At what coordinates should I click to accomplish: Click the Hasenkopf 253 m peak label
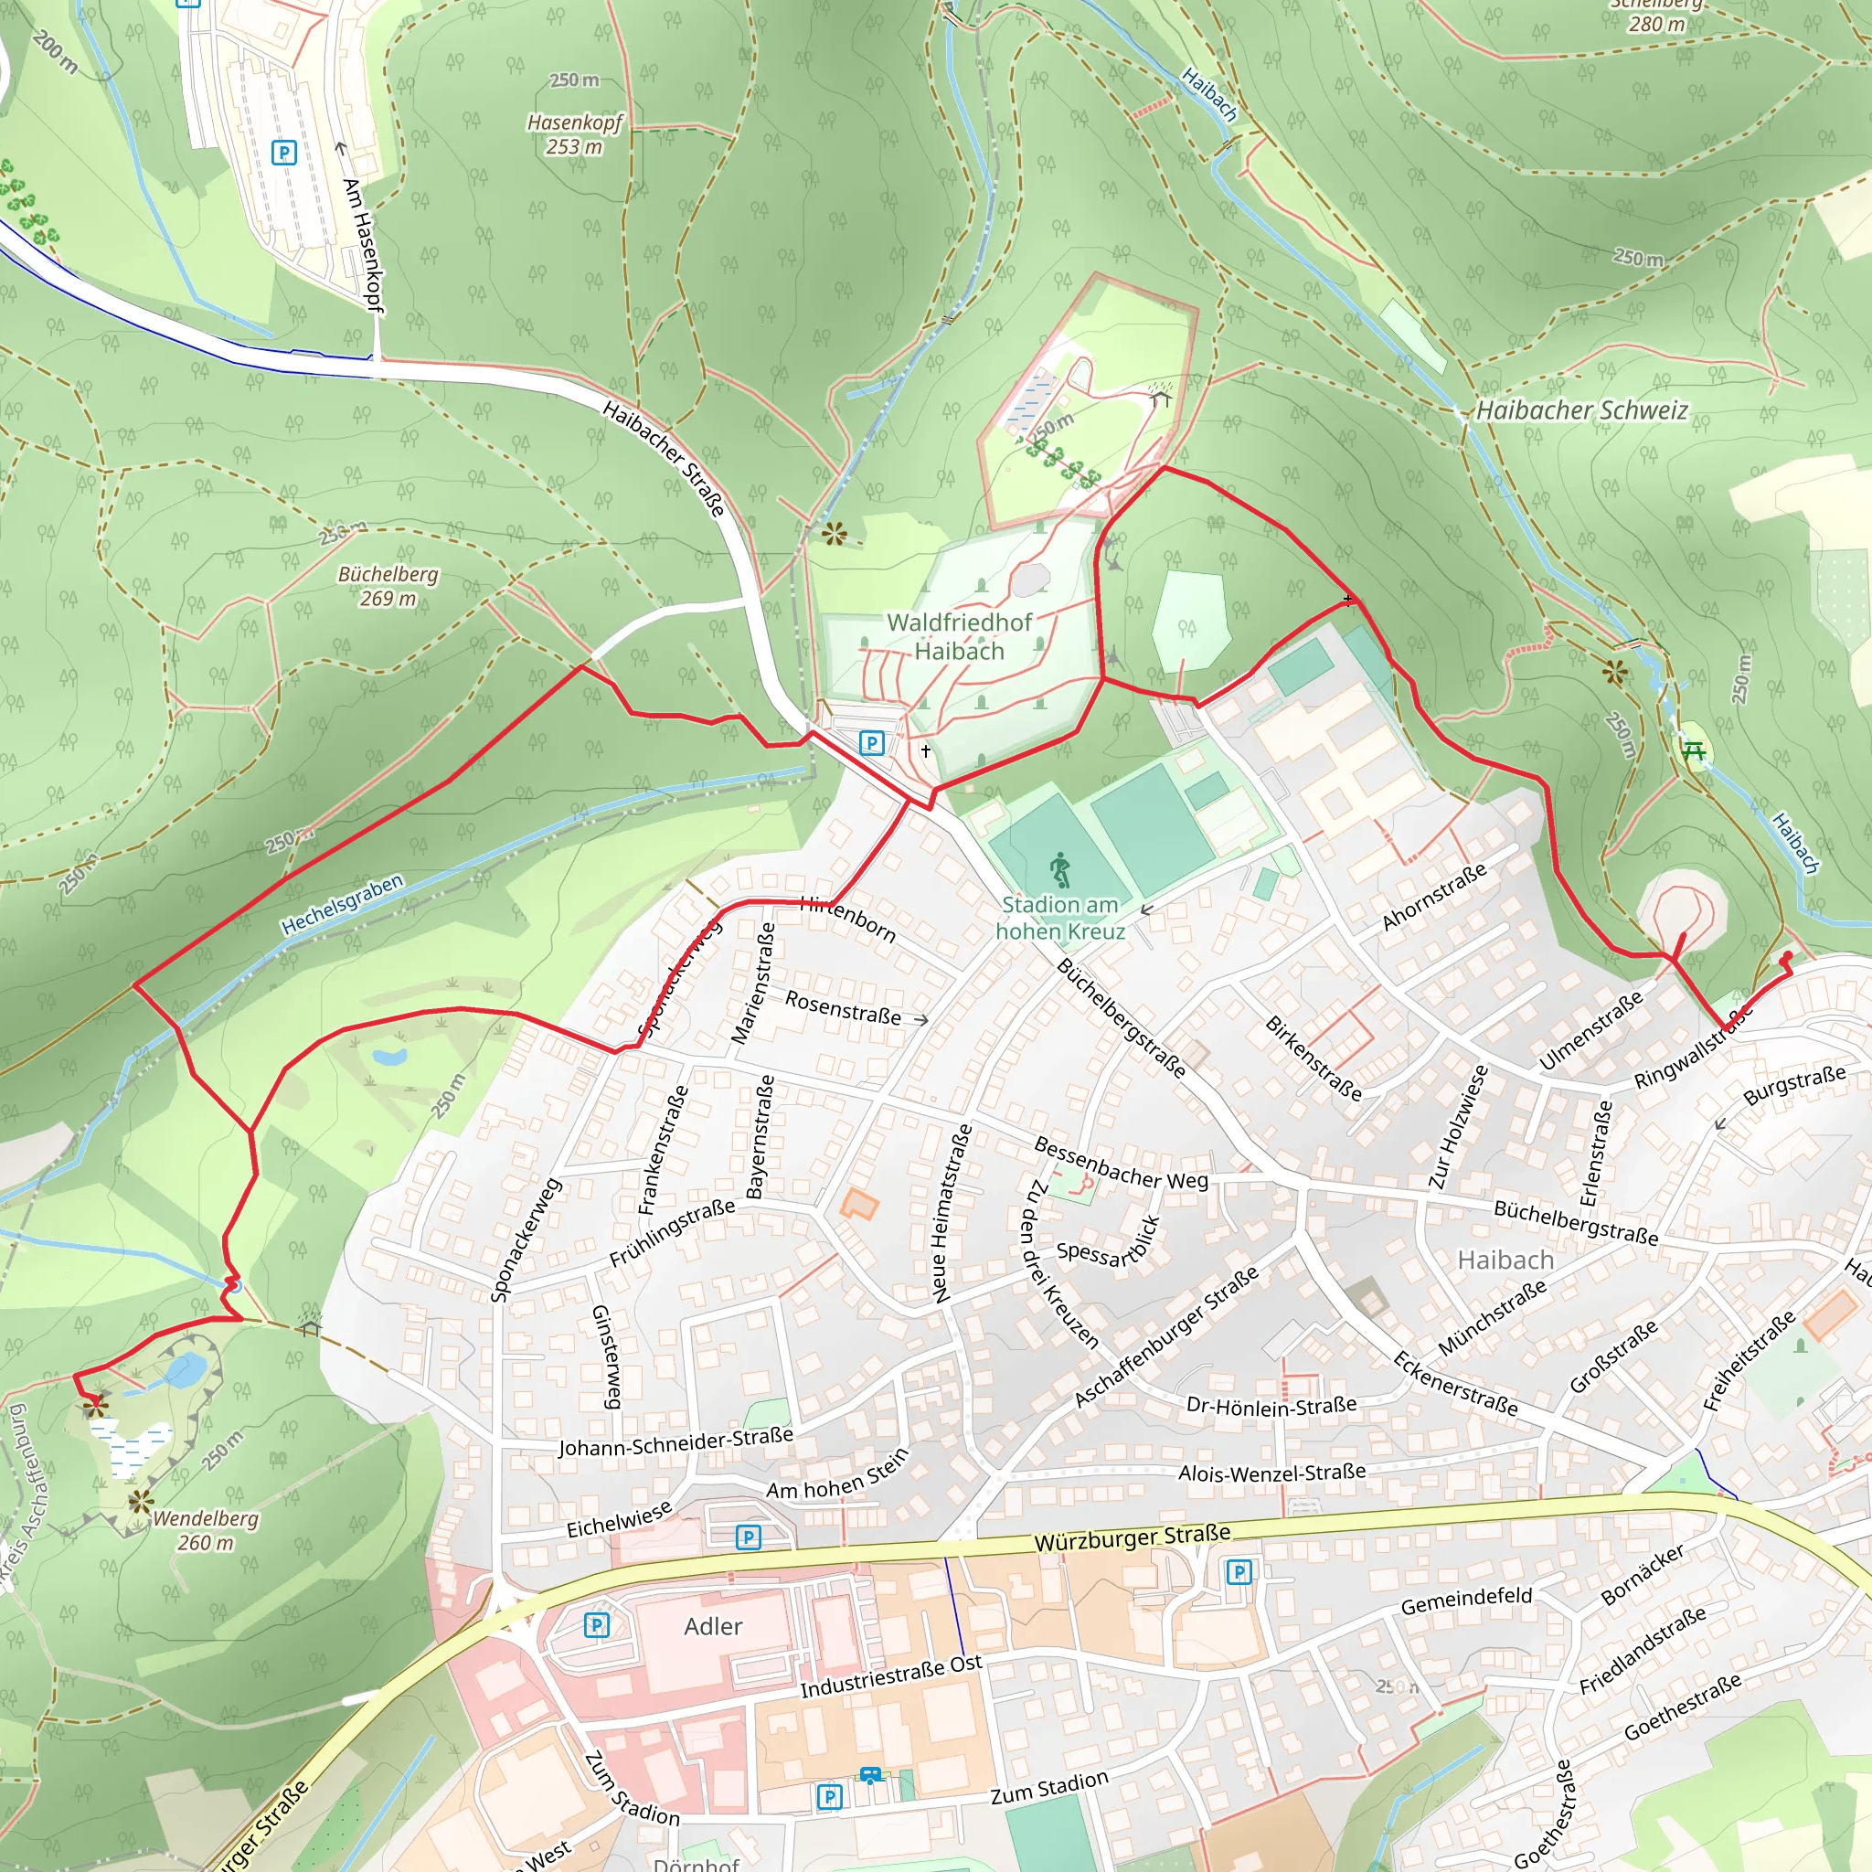pos(574,133)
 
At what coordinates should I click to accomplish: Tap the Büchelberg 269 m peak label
pos(388,586)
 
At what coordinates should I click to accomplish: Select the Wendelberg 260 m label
pos(206,1530)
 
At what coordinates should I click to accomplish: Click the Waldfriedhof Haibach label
pos(959,636)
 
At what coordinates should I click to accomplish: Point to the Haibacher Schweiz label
pos(1581,410)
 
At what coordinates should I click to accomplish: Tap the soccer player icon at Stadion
pos(1060,871)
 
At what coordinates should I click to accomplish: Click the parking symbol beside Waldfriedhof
pos(871,743)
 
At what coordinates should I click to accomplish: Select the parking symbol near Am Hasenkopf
pos(284,153)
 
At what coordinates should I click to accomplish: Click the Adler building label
pos(713,1627)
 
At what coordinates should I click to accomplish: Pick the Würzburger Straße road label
pos(1132,1537)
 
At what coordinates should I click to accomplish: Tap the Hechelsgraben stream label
pos(342,904)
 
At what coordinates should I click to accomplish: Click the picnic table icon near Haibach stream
pos(1694,750)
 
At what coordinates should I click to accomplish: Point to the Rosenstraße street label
pos(843,1007)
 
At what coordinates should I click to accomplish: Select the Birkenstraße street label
pos(1313,1058)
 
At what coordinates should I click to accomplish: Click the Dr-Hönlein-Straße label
pos(1271,1406)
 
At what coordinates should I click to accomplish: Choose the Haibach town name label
pos(1505,1260)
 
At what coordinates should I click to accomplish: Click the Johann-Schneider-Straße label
pos(675,1441)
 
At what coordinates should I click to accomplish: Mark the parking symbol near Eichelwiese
pos(748,1537)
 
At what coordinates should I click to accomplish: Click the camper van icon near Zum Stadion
pos(871,1775)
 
